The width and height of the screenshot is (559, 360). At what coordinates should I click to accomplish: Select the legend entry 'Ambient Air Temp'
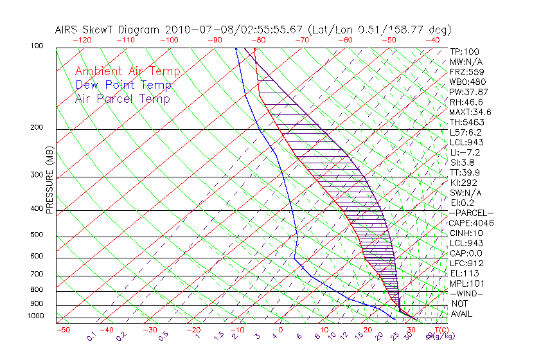point(127,71)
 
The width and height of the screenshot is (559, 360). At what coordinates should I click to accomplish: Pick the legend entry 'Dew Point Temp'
point(123,85)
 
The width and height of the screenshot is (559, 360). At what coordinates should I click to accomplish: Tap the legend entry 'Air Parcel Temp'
point(122,98)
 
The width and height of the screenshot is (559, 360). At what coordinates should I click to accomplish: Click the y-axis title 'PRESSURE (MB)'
point(49,181)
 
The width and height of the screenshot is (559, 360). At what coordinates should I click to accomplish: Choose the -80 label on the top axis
point(258,40)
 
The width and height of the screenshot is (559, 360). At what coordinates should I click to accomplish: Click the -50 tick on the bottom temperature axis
point(62,330)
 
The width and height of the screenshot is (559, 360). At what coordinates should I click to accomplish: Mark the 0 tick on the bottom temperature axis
point(280,330)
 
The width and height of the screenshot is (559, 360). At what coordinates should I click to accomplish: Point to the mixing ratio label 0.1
point(91,336)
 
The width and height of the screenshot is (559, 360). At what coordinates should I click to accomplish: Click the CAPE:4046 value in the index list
point(471,223)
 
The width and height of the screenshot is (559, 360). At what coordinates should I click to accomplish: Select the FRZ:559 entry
point(465,72)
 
